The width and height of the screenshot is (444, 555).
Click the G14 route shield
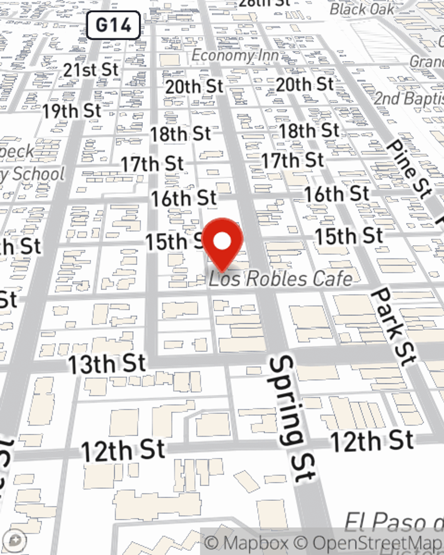[113, 25]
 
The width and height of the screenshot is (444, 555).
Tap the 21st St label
[91, 70]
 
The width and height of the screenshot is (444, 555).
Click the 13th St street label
[107, 364]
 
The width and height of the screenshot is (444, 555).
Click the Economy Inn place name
[235, 56]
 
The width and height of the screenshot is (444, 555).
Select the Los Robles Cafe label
[281, 279]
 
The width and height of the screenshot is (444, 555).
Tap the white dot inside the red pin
[222, 242]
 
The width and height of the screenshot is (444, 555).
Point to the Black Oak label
[362, 9]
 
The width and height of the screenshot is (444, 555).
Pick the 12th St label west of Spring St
[123, 451]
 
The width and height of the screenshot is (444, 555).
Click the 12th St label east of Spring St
[372, 441]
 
